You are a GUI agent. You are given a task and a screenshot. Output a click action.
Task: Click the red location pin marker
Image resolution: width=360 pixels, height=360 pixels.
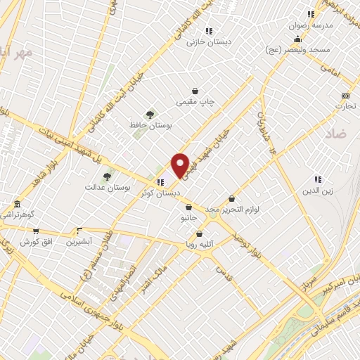pyautogui.click(x=180, y=166)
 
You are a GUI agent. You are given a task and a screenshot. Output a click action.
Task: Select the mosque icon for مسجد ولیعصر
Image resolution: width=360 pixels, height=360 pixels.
pyautogui.click(x=297, y=39)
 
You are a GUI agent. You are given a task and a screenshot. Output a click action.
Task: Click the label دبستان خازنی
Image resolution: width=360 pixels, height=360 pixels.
pyautogui.click(x=209, y=42)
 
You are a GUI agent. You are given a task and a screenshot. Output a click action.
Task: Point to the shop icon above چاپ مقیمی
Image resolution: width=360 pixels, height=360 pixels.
pyautogui.click(x=195, y=91)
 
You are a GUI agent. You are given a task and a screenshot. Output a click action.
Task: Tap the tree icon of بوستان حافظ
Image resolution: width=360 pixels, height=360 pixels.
pyautogui.click(x=149, y=114)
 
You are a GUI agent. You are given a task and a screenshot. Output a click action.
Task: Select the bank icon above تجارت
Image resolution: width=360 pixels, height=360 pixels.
pyautogui.click(x=345, y=96)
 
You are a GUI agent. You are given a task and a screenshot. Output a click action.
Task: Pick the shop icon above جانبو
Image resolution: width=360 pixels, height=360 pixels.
pyautogui.click(x=189, y=207)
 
